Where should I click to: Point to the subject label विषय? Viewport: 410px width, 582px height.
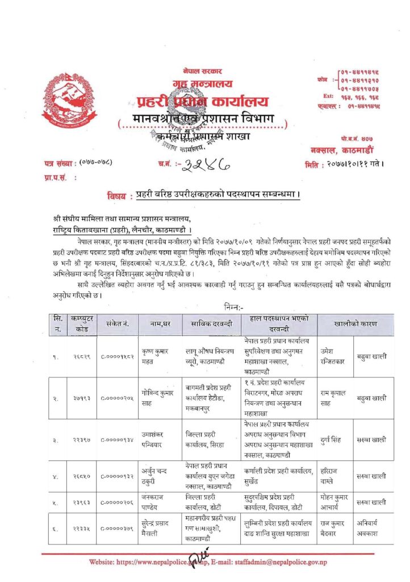click(118, 195)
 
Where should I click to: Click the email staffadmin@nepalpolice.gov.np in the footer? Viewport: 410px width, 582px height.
click(278, 562)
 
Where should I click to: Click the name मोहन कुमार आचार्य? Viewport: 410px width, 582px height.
click(333, 502)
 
